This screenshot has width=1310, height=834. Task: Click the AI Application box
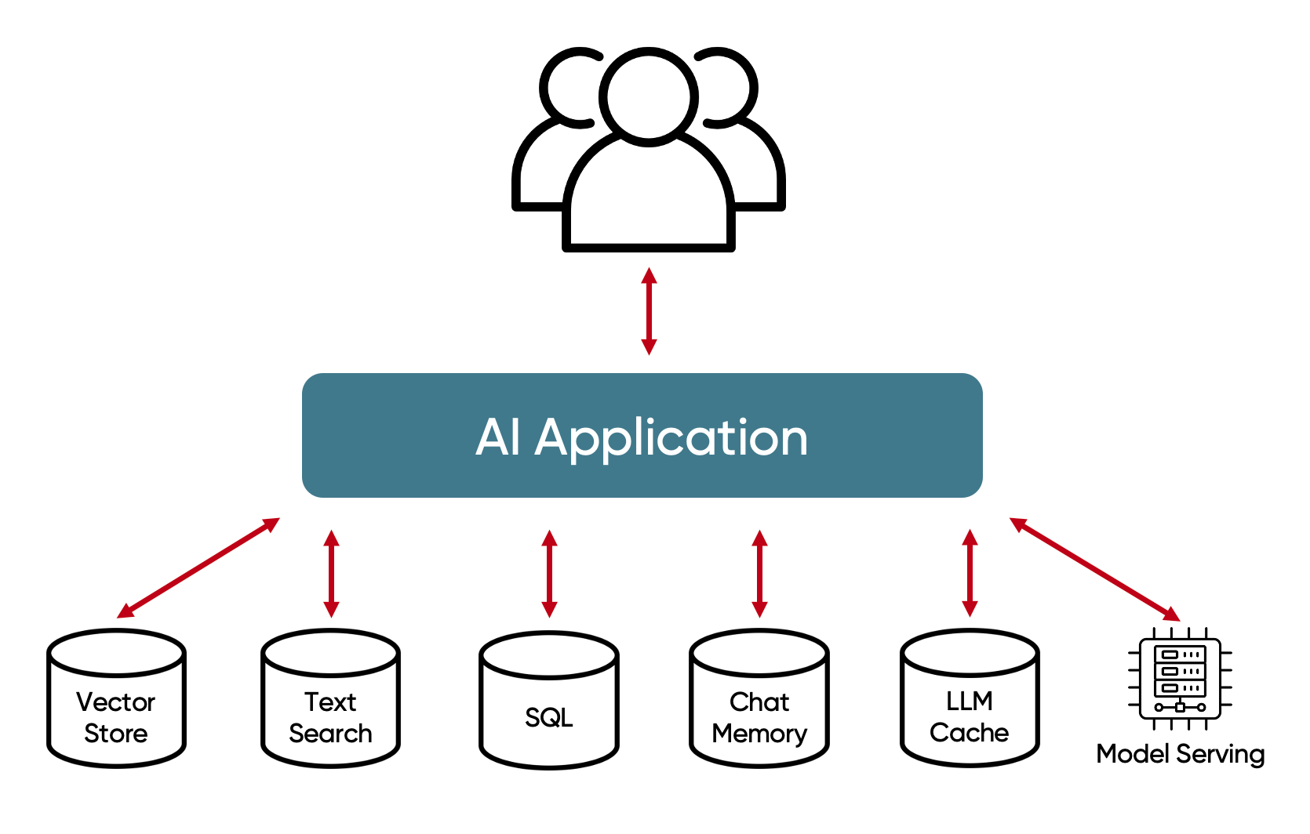tap(642, 435)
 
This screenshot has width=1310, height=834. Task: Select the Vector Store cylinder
tap(116, 698)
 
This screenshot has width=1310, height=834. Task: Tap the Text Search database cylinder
tap(330, 698)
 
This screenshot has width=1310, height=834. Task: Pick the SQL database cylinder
tap(548, 700)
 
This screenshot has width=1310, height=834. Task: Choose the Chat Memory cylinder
tap(759, 698)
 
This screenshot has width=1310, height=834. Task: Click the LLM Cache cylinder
tap(970, 698)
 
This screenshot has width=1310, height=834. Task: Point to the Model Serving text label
tap(1180, 754)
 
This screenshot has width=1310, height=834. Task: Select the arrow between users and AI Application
tap(649, 311)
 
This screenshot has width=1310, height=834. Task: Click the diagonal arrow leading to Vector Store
tap(198, 567)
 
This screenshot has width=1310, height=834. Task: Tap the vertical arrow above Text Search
tap(331, 573)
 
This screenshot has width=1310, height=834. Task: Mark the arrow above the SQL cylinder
tap(549, 573)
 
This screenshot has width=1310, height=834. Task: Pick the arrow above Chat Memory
tap(759, 573)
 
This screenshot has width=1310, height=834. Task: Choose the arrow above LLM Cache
tap(970, 573)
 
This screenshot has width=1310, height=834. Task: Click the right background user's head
tap(731, 86)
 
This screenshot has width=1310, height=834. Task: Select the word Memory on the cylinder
tap(759, 734)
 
